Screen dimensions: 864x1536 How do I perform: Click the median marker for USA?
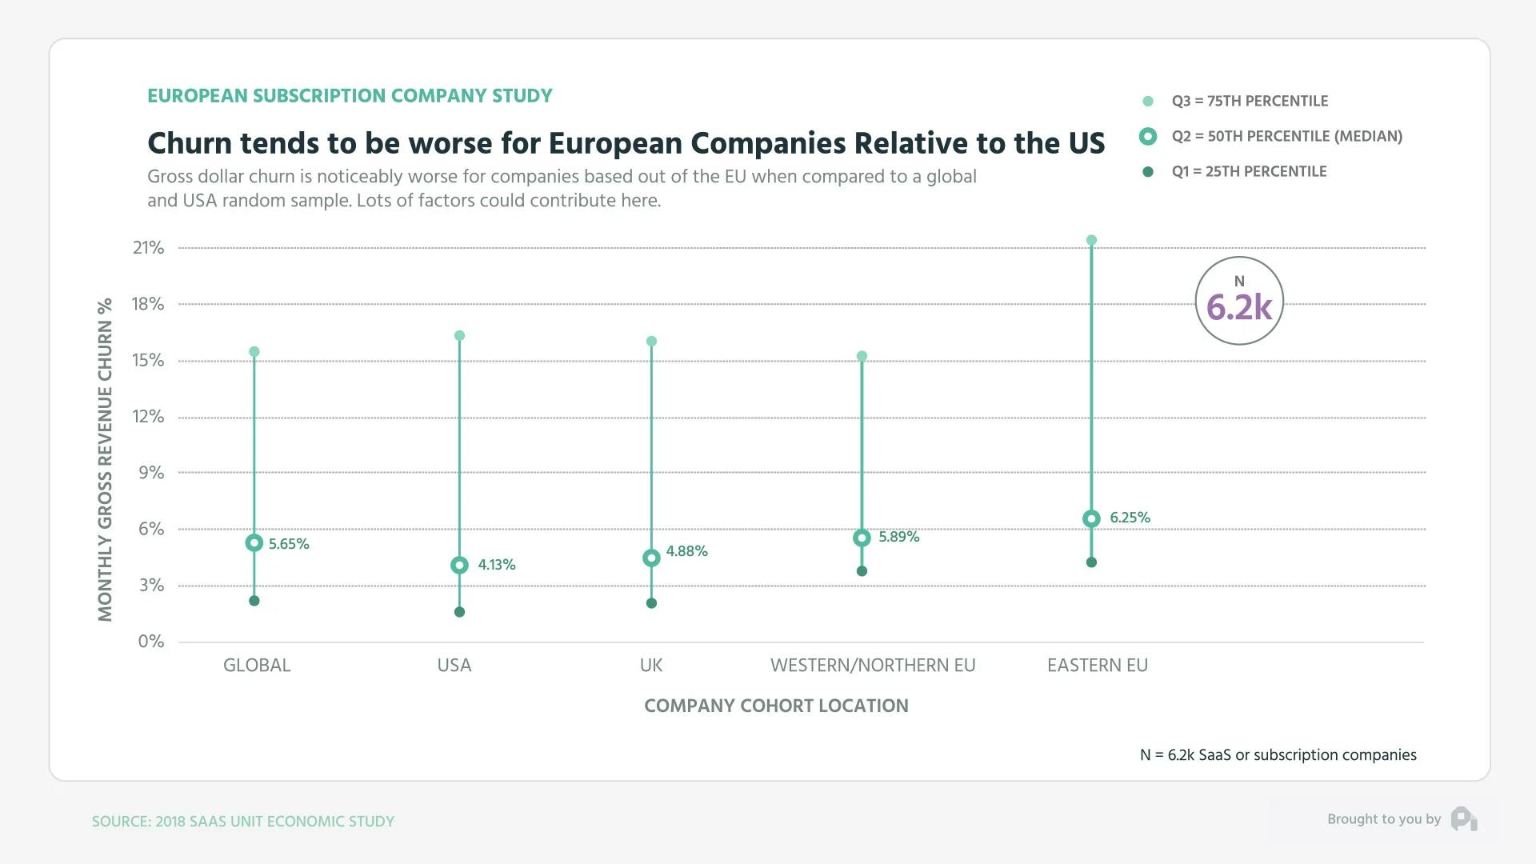459,566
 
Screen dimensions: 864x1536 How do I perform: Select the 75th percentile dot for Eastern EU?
1091,240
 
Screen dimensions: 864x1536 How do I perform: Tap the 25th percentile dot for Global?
254,601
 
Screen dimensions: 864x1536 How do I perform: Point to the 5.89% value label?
899,537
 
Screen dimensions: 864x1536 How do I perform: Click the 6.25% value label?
1130,518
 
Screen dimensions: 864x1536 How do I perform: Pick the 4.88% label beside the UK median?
686,551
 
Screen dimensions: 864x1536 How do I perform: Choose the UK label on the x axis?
651,665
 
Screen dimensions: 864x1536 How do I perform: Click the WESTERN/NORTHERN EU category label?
873,665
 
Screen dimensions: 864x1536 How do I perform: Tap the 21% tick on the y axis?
149,248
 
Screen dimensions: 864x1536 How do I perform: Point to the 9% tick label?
151,473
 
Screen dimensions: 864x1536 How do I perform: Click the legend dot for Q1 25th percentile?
1148,172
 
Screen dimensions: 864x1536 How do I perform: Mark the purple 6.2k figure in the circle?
1238,308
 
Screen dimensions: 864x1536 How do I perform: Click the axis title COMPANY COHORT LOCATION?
776,706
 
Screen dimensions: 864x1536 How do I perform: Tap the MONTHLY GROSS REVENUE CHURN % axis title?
105,460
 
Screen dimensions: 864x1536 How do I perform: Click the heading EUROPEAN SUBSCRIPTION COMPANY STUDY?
350,96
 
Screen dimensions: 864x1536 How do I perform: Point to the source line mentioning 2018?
243,822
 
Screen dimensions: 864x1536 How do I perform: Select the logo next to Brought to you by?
1464,819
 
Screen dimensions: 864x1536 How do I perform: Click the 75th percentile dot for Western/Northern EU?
862,357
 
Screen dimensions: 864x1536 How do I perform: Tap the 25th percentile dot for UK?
651,603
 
